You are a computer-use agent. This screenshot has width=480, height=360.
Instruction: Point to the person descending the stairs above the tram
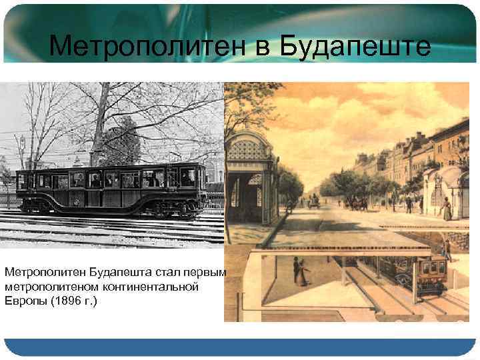click(x=448, y=250)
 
